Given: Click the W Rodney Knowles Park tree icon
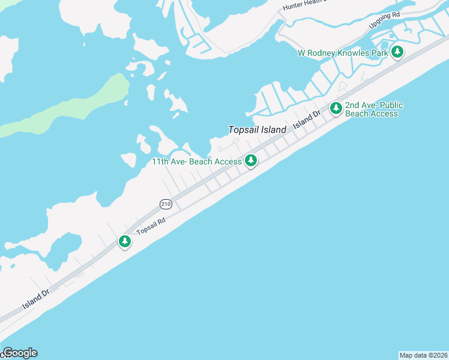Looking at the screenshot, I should click(x=397, y=52).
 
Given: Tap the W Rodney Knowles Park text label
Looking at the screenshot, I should click(x=343, y=53).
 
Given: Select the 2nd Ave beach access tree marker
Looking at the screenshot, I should click(x=336, y=109).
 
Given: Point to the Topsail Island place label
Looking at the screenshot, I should click(x=257, y=130).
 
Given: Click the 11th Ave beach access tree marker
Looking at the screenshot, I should click(x=251, y=160).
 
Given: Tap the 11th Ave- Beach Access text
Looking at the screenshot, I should click(x=196, y=161).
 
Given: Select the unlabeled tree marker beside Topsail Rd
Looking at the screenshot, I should click(x=124, y=241).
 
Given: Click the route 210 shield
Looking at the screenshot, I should click(x=166, y=204).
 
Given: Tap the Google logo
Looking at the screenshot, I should click(x=20, y=353).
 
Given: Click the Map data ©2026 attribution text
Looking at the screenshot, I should click(x=423, y=355).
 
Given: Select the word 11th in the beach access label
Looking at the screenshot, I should click(x=160, y=161).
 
